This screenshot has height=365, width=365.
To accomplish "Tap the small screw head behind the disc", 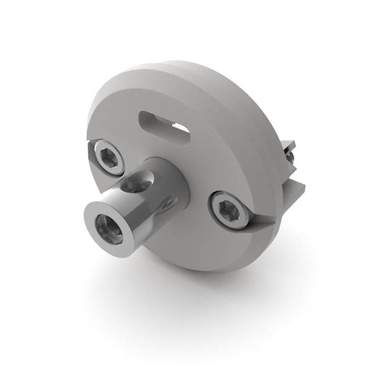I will (290, 155).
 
